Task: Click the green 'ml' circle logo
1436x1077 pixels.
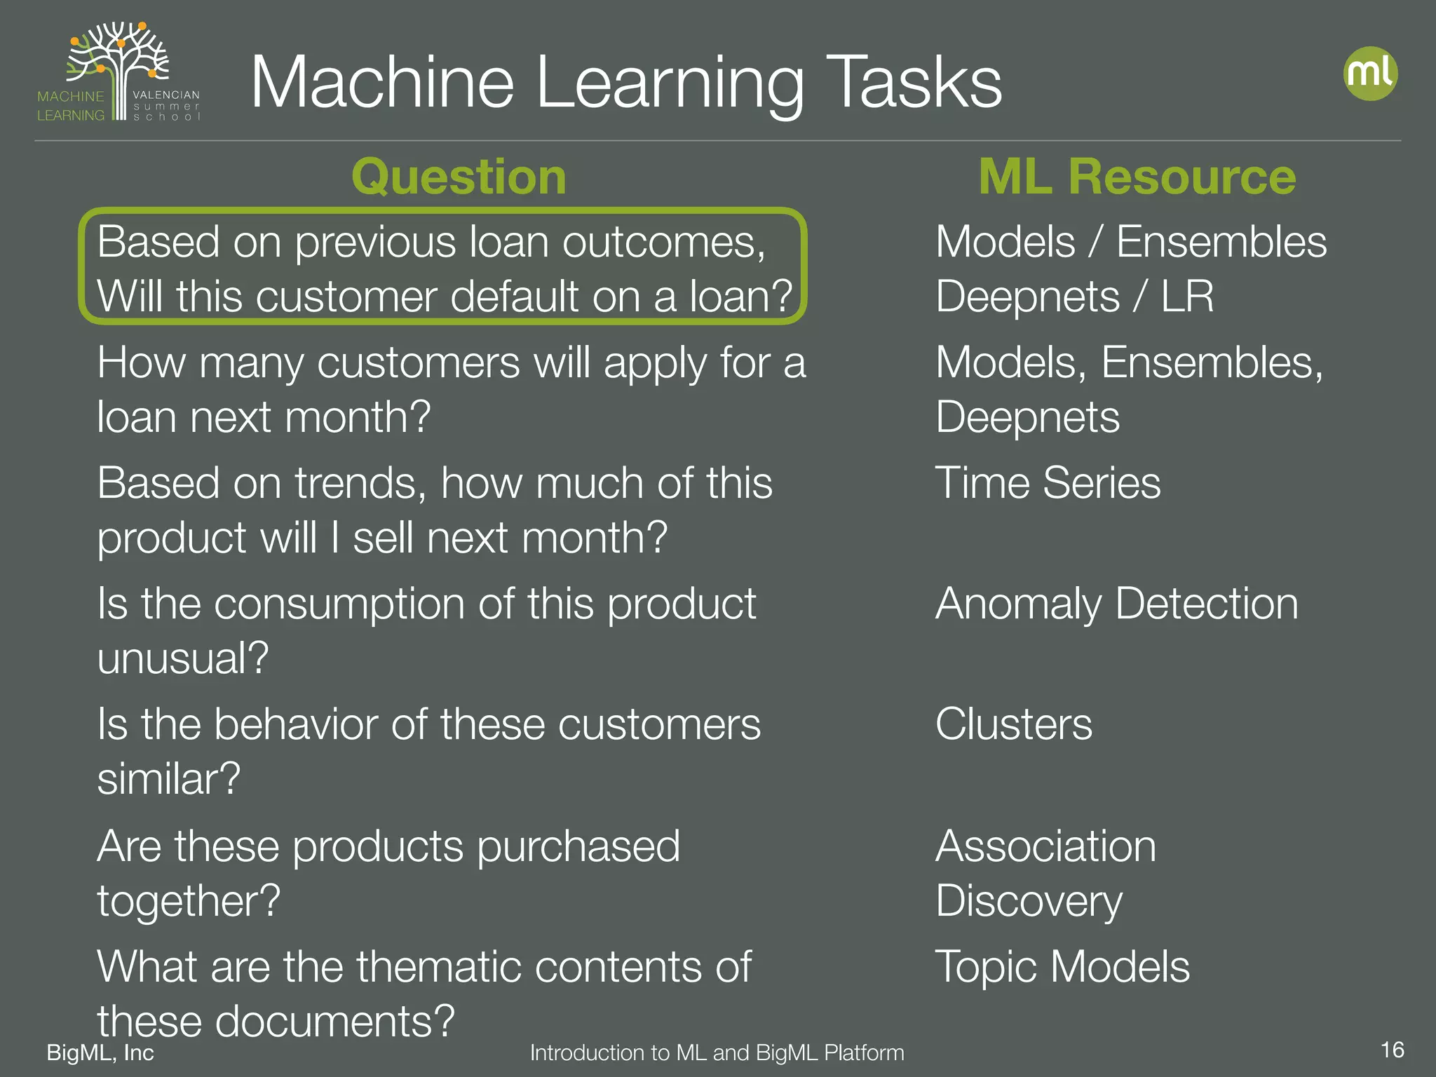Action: tap(1370, 73)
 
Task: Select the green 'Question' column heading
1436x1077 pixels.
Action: tap(459, 176)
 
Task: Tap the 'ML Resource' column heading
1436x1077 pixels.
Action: tap(1137, 176)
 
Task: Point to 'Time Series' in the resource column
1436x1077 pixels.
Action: tap(1048, 483)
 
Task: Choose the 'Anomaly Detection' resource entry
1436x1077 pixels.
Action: tap(1116, 604)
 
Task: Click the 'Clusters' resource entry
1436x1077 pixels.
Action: tap(1013, 724)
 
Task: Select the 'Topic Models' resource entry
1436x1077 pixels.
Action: tap(1062, 966)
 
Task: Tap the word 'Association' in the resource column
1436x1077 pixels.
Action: tap(1045, 846)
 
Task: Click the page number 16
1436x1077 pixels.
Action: tap(1392, 1050)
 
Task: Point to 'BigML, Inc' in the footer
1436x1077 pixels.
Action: tap(100, 1052)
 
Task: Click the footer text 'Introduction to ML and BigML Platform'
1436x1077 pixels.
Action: tap(717, 1052)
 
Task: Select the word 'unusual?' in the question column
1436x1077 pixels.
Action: tap(182, 658)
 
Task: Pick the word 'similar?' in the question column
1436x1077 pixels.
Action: tap(168, 779)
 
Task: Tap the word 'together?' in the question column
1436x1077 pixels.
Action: tap(189, 900)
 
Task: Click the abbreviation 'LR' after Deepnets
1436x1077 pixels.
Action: tap(1187, 297)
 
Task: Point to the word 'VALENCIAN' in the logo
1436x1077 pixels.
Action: tap(165, 95)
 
